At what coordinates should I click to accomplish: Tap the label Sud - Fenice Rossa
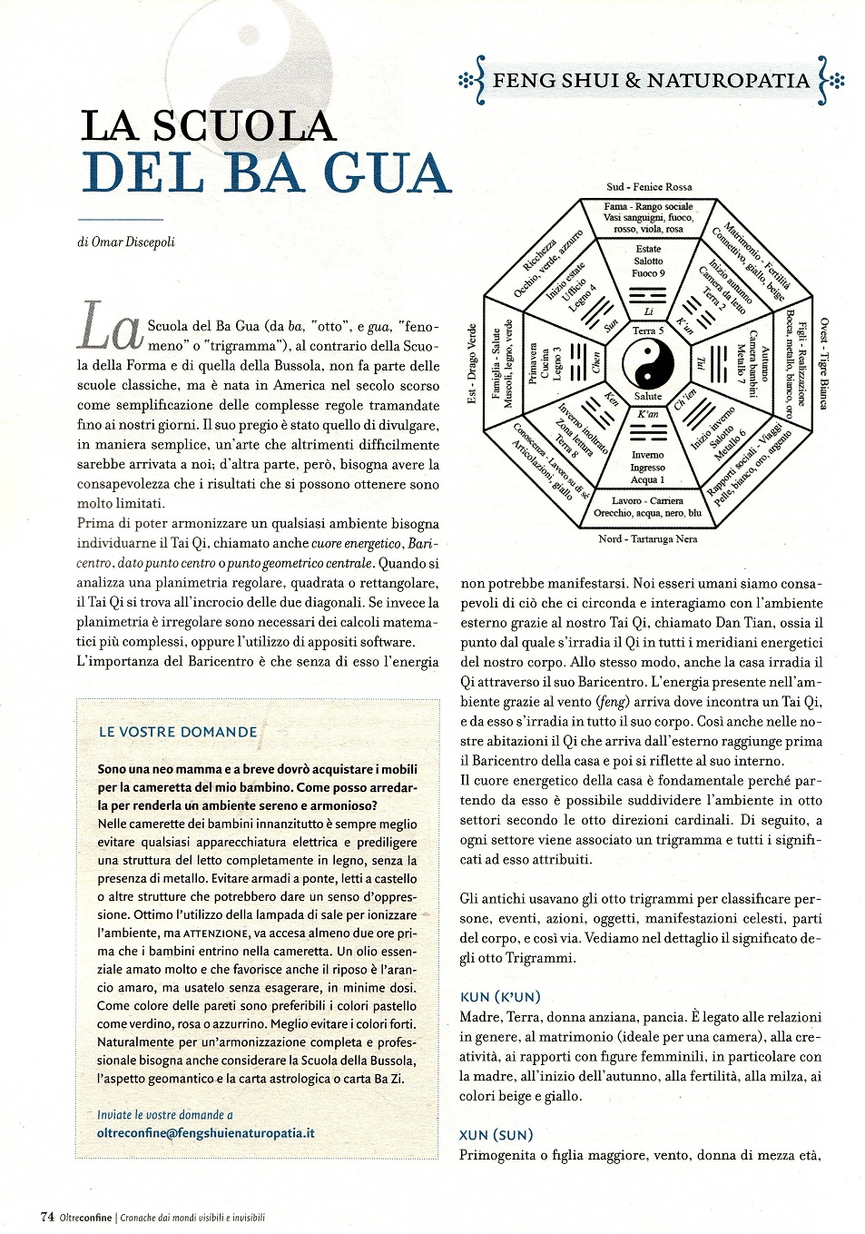(x=649, y=187)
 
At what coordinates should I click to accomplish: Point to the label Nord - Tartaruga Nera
(x=648, y=538)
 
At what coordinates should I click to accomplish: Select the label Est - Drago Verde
(x=472, y=363)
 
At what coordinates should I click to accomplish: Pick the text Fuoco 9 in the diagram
(x=648, y=272)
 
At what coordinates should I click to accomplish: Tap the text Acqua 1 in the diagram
(x=648, y=479)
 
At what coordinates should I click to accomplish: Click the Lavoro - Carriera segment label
(x=648, y=500)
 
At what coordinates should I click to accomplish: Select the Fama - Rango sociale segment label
(x=648, y=206)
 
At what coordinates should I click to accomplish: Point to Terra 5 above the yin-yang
(x=648, y=331)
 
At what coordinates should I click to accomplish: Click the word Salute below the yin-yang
(x=648, y=396)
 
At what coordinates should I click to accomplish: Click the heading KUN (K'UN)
(x=501, y=997)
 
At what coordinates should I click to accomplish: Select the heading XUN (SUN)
(x=496, y=1135)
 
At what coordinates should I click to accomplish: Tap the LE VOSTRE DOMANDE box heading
(x=178, y=732)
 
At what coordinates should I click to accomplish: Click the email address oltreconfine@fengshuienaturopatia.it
(x=206, y=1132)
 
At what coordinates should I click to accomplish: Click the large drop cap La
(x=110, y=327)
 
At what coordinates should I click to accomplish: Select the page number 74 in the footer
(x=47, y=1217)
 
